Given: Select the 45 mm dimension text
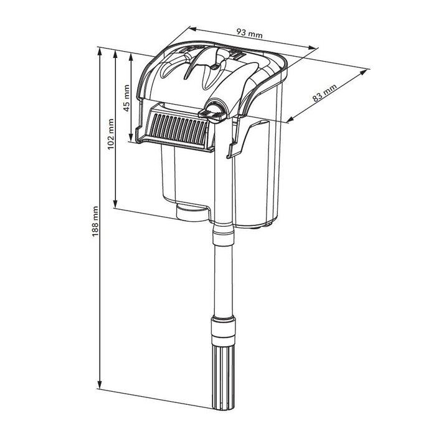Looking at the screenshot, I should pyautogui.click(x=126, y=98).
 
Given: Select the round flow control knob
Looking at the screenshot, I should pyautogui.click(x=216, y=110).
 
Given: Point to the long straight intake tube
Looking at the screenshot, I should pyautogui.click(x=222, y=274).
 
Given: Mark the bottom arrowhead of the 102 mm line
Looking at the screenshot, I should pyautogui.click(x=116, y=206).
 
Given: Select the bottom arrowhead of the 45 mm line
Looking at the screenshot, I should pyautogui.click(x=131, y=140).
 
